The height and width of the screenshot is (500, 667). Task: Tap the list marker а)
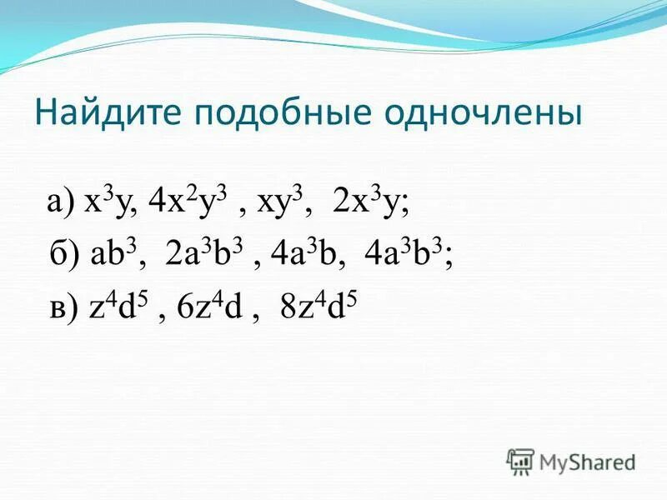pyautogui.click(x=63, y=202)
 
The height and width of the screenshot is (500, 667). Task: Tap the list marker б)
pyautogui.click(x=65, y=256)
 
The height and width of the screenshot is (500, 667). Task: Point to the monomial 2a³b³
pyautogui.click(x=204, y=255)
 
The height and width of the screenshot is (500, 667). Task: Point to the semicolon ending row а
pyautogui.click(x=406, y=207)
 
